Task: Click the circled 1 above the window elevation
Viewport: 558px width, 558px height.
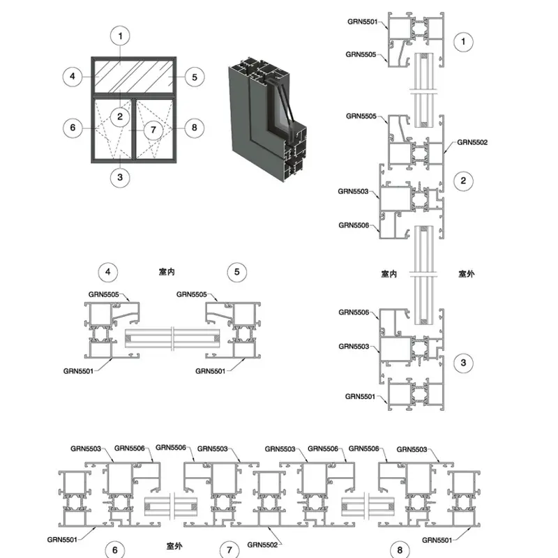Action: (x=121, y=35)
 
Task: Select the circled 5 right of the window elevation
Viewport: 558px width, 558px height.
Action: (x=195, y=76)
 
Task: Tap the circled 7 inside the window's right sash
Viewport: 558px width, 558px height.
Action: (x=153, y=129)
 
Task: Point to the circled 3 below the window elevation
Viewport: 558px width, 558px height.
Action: (x=121, y=176)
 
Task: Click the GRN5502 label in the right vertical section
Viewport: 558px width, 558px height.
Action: (x=472, y=142)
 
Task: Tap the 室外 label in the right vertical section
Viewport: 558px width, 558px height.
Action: (x=466, y=274)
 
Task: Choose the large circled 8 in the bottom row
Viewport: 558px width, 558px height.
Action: (x=400, y=550)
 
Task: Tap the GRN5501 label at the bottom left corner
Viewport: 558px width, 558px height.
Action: (x=62, y=538)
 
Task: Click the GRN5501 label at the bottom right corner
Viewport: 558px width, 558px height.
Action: (x=437, y=539)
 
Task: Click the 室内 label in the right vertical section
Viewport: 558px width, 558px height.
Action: (x=389, y=274)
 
